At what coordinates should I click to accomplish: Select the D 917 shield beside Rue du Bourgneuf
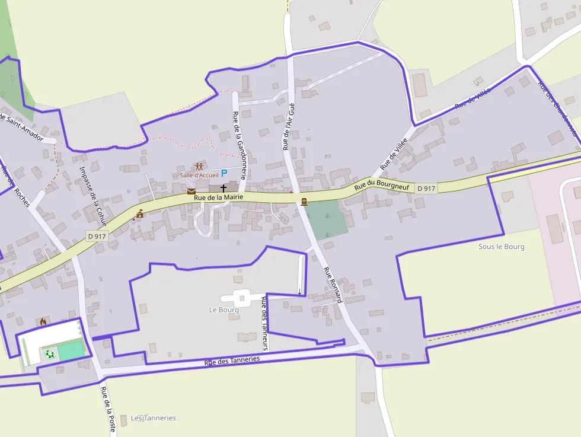coord(426,189)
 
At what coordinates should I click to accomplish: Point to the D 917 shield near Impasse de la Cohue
coord(97,235)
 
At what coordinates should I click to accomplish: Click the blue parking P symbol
coord(224,173)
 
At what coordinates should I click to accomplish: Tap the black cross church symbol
coord(223,188)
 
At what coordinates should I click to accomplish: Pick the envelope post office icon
coord(191,191)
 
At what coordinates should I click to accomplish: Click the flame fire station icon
coord(43,322)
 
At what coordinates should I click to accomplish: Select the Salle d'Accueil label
coord(199,175)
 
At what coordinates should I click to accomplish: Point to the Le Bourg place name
coord(224,310)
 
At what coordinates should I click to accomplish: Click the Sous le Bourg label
coord(502,247)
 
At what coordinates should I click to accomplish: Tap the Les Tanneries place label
coord(154,418)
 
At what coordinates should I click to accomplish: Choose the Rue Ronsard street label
coord(333,285)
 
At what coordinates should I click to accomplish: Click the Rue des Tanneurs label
coord(264,324)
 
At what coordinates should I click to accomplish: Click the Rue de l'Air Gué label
coord(289,126)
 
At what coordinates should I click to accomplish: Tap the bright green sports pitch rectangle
coord(71,350)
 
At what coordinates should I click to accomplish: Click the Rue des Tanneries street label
coord(232,360)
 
